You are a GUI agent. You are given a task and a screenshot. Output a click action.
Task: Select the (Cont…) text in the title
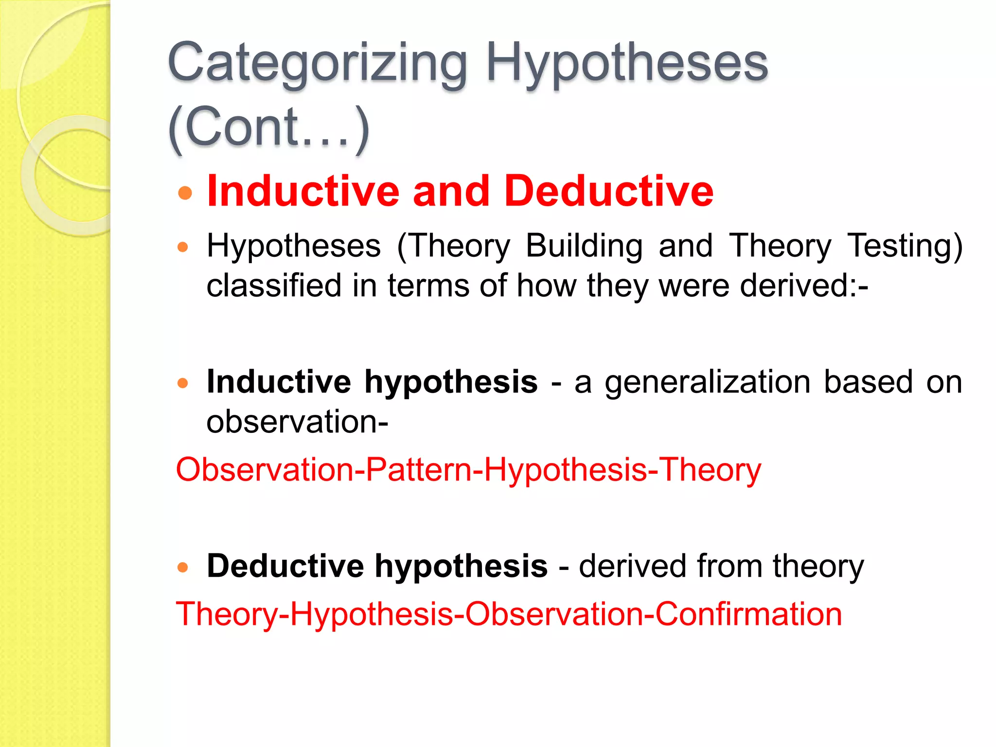pyautogui.click(x=268, y=127)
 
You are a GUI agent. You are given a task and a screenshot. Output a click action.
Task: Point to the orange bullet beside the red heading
pyautogui.click(x=185, y=193)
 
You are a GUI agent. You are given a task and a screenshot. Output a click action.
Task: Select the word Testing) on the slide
pyautogui.click(x=904, y=246)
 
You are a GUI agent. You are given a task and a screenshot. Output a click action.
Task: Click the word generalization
pyautogui.click(x=708, y=382)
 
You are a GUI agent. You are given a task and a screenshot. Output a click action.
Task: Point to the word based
pyautogui.click(x=868, y=382)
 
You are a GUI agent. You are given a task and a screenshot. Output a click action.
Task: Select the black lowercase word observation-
pyautogui.click(x=297, y=421)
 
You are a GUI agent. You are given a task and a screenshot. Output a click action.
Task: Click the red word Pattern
pyautogui.click(x=419, y=470)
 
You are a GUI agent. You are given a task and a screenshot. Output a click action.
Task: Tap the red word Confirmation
pyautogui.click(x=748, y=614)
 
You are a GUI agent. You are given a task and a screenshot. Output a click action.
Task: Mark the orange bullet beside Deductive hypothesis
pyautogui.click(x=183, y=567)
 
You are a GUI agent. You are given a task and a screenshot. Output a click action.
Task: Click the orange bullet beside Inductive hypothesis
pyautogui.click(x=183, y=383)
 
